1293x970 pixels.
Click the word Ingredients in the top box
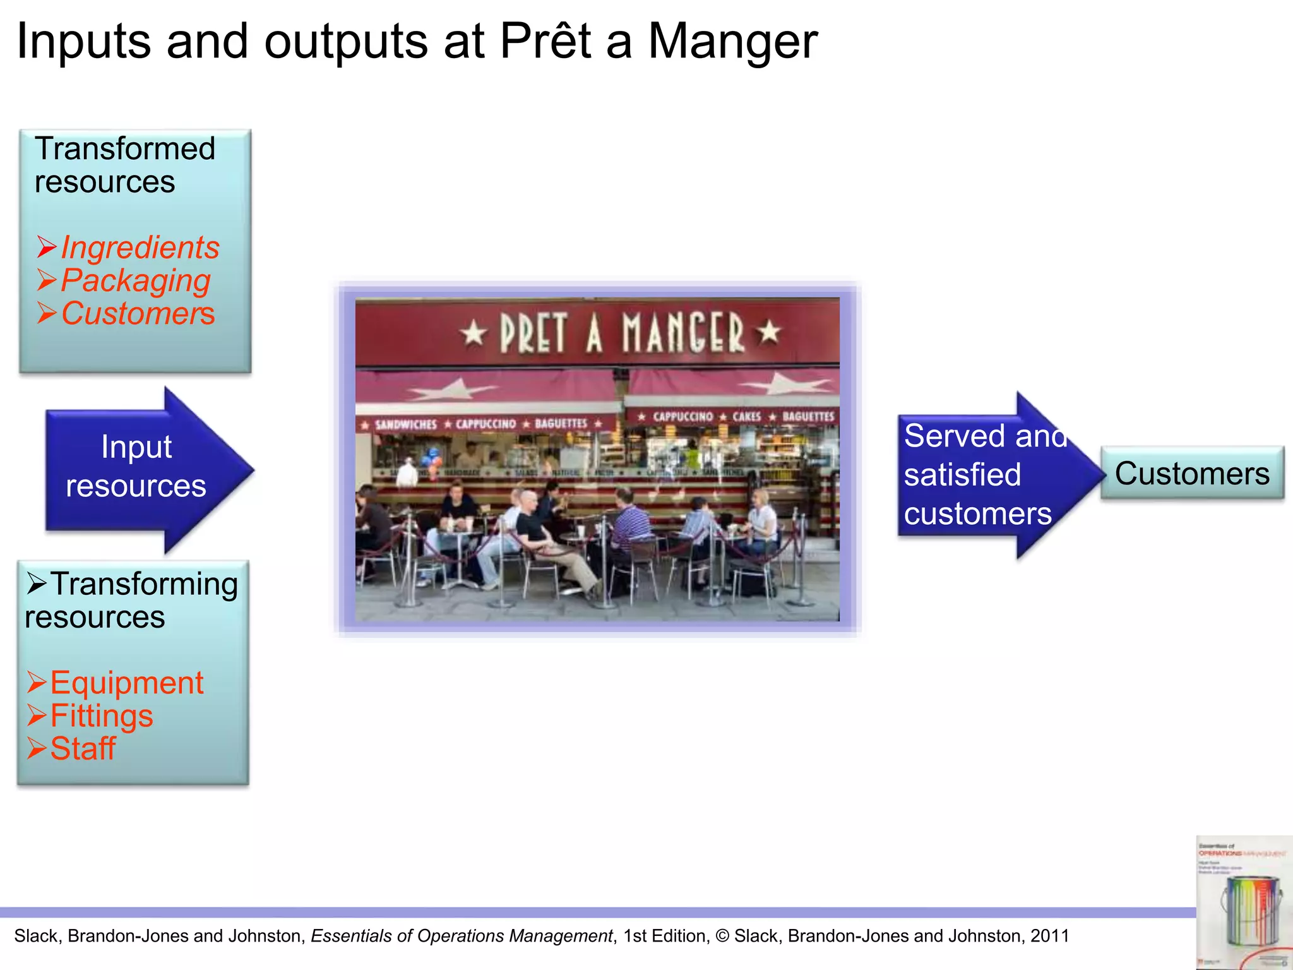coord(140,247)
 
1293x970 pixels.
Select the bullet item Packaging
coord(135,280)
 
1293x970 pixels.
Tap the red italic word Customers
coord(138,313)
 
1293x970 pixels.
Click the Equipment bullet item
coord(126,683)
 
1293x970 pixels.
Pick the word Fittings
coord(101,716)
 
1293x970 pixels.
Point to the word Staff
coord(83,748)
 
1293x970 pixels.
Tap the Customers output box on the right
coord(1192,474)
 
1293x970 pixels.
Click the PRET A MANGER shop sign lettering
coord(622,333)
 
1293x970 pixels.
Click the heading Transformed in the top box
coord(125,149)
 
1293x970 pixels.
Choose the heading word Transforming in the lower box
coord(144,584)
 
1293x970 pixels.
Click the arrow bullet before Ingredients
coord(47,247)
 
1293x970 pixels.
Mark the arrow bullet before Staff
coord(37,748)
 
